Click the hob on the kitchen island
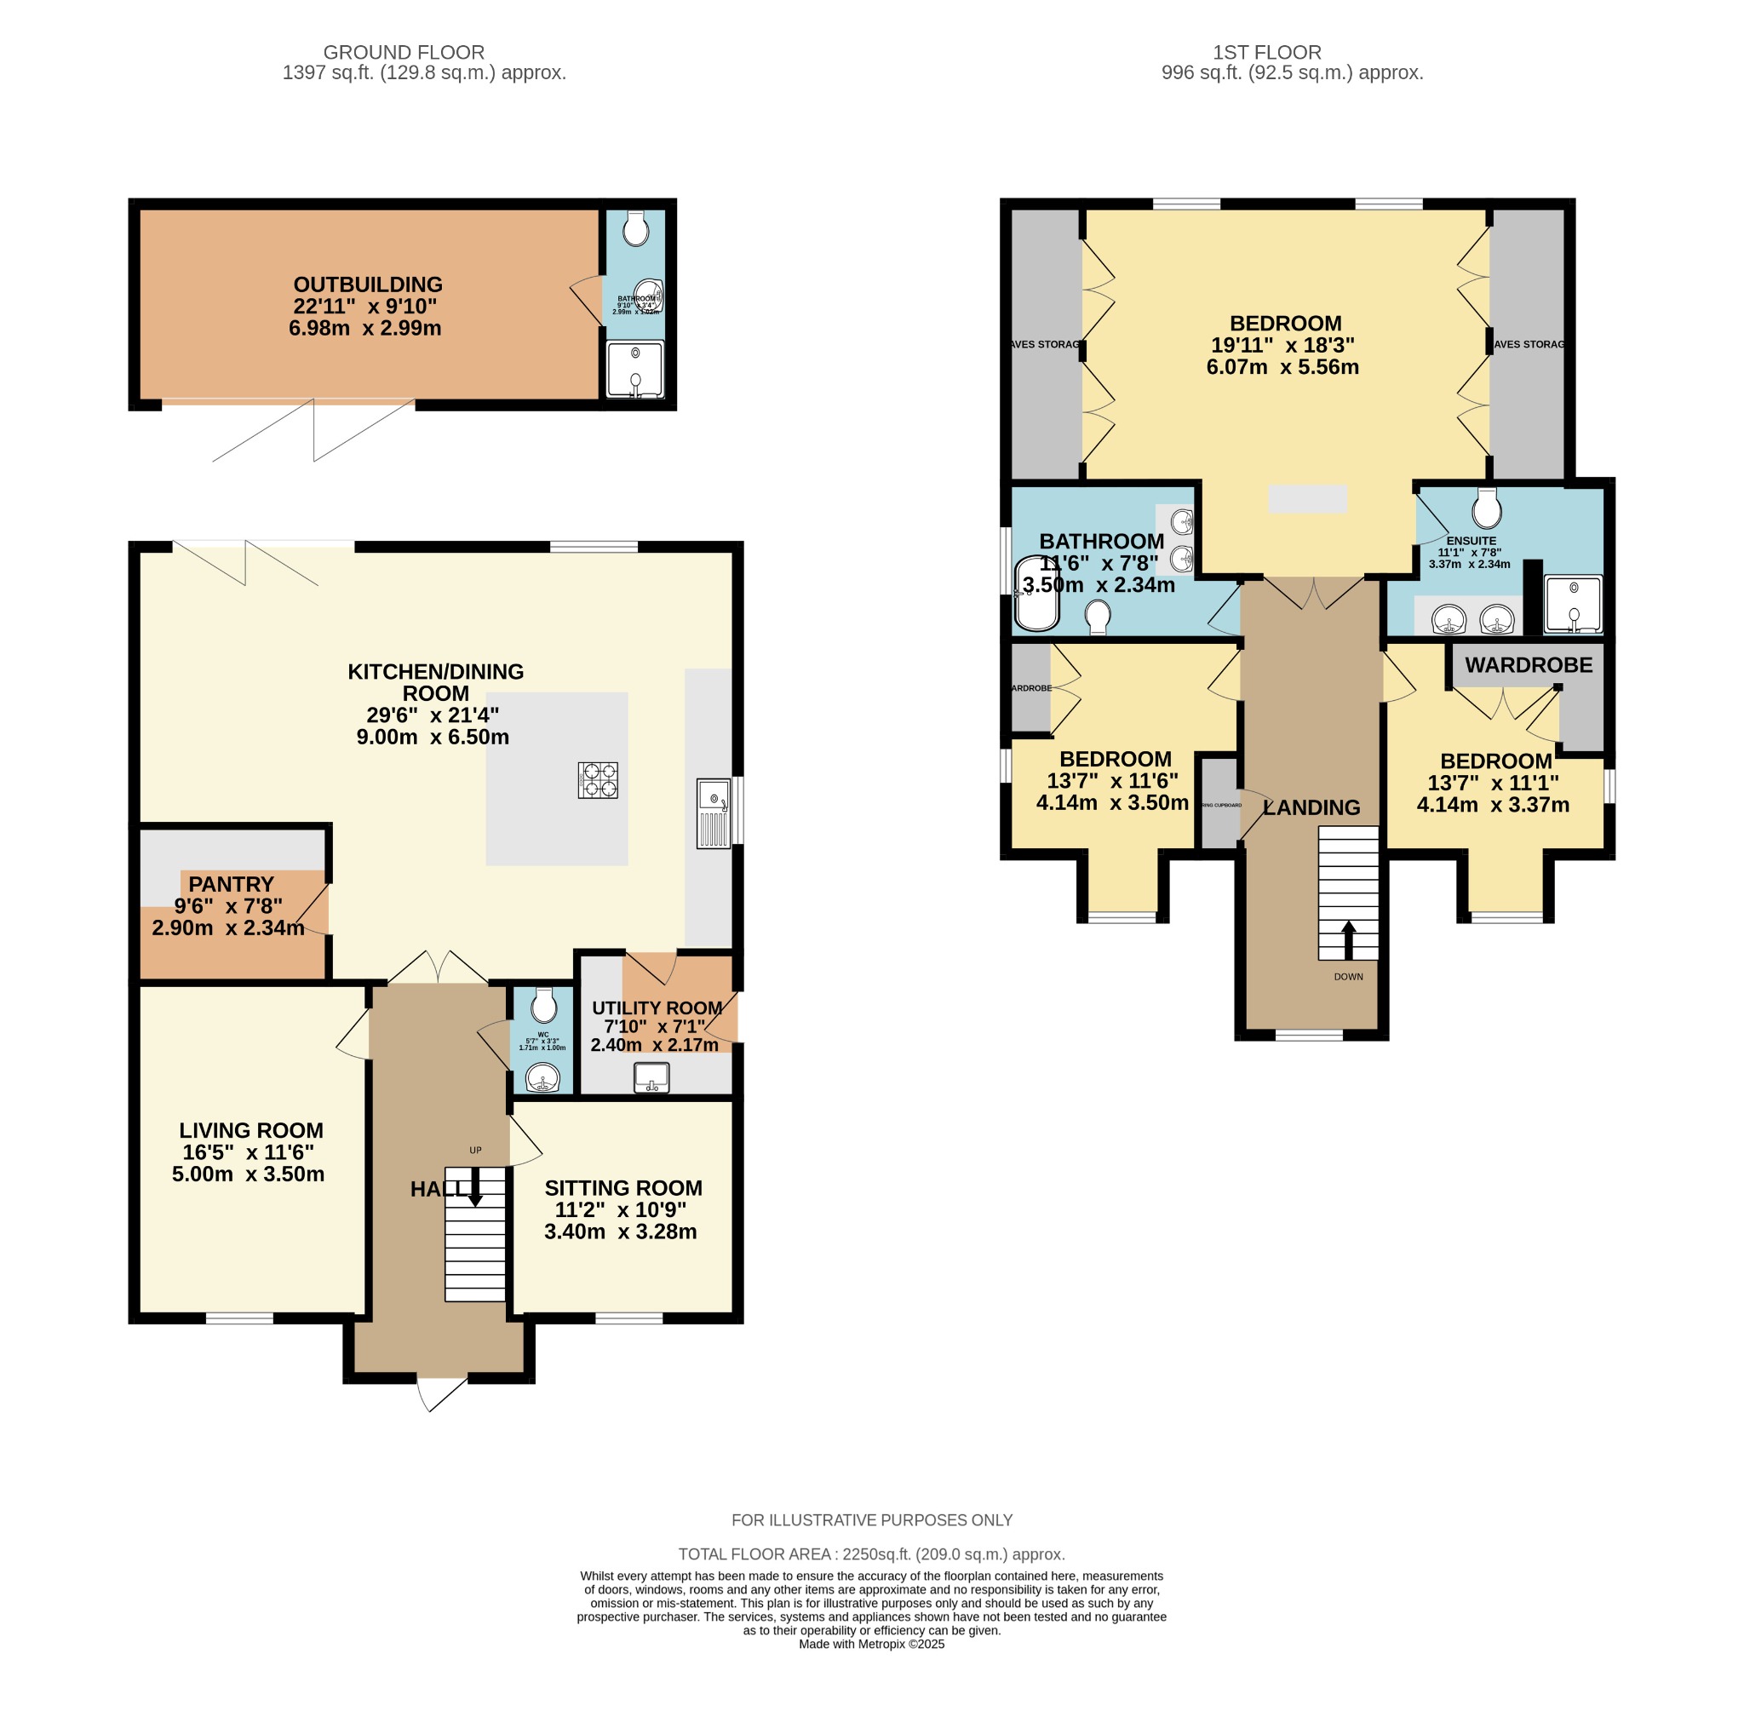tap(598, 780)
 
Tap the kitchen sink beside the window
tap(713, 813)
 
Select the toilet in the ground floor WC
tap(542, 1005)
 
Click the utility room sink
tap(651, 1077)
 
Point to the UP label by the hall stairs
tap(476, 1150)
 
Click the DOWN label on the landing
tap(1348, 977)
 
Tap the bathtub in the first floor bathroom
tap(1037, 594)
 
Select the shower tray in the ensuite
tap(1574, 603)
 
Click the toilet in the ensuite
tap(1486, 508)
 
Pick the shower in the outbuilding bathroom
tap(635, 369)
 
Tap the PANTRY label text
tap(231, 884)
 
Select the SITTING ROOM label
tap(622, 1188)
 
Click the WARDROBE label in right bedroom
tap(1529, 665)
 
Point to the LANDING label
tap(1311, 808)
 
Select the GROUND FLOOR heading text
tap(404, 52)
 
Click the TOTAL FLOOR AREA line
tap(871, 1554)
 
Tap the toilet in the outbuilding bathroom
tap(636, 228)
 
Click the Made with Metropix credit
tap(871, 1644)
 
